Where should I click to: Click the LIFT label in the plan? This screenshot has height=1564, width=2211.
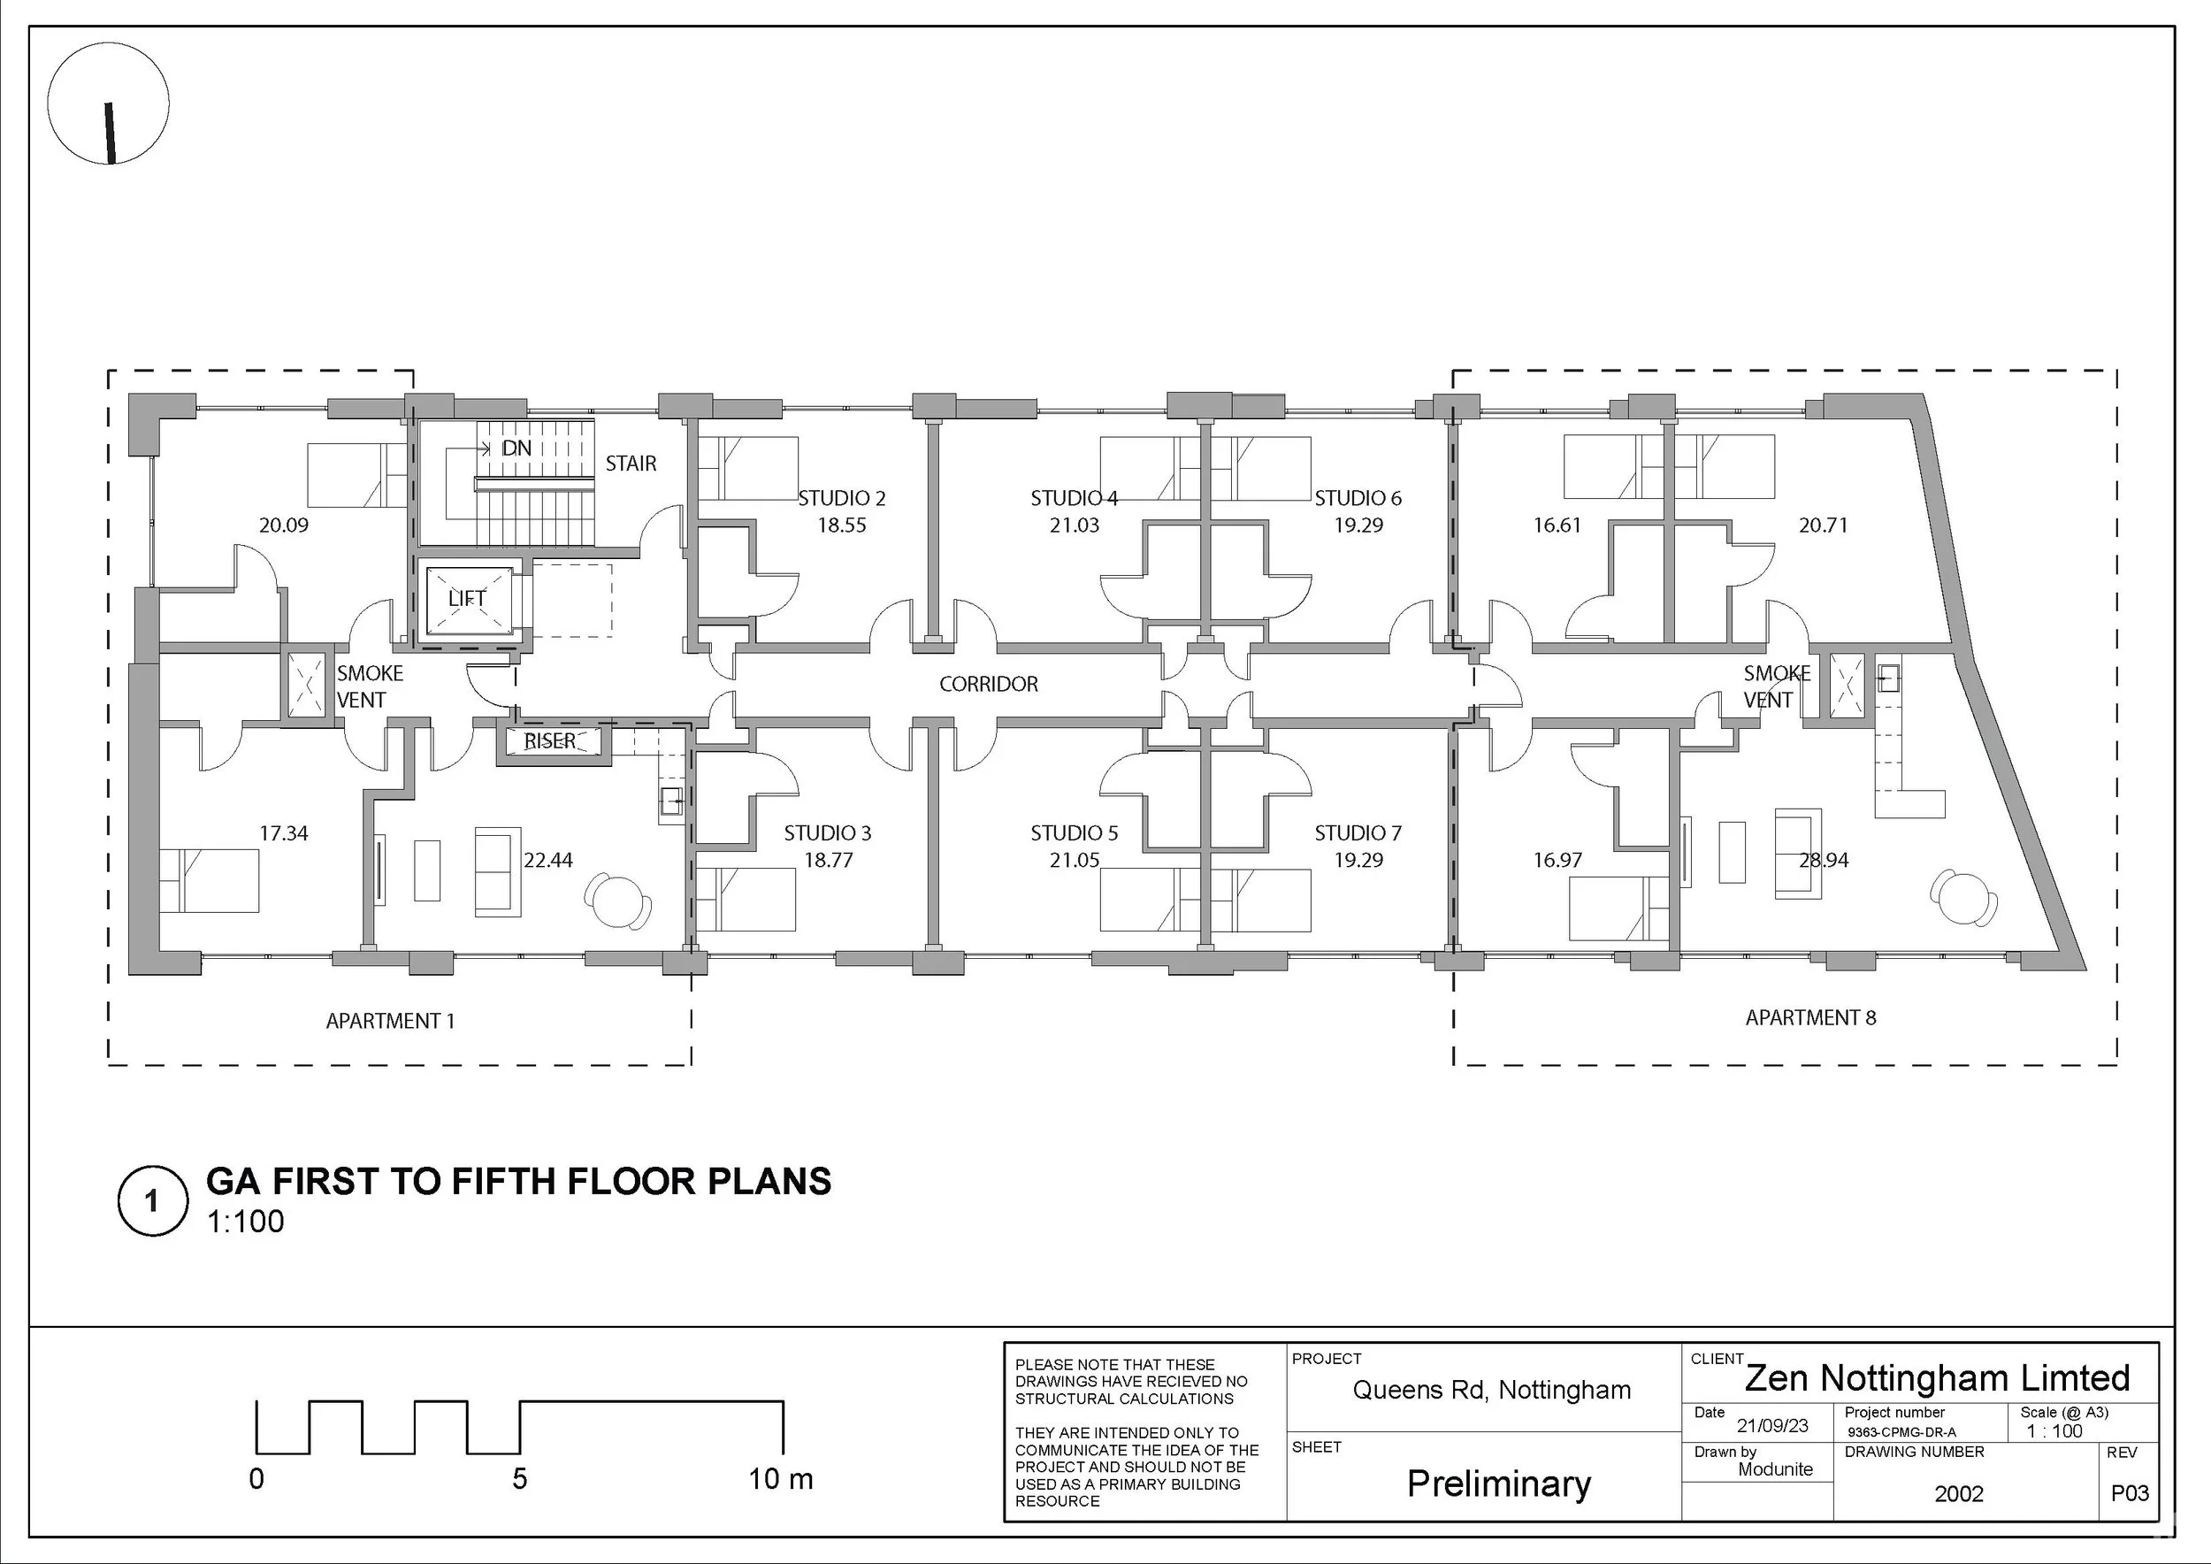tap(467, 598)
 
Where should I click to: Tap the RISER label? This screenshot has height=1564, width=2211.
tap(550, 740)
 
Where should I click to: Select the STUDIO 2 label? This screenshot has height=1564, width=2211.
tap(842, 498)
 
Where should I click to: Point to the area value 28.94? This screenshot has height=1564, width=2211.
tap(1824, 860)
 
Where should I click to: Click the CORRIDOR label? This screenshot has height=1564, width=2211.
tap(989, 684)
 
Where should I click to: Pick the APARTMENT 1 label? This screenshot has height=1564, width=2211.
tap(390, 1021)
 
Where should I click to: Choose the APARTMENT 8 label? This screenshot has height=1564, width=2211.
tap(1810, 1017)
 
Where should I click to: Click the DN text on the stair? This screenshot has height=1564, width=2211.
tap(516, 448)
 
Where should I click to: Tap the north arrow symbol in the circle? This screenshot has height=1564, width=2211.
tap(111, 133)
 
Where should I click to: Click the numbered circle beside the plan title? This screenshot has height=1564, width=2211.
tap(152, 1201)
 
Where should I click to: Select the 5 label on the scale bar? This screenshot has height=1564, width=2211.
tap(520, 1478)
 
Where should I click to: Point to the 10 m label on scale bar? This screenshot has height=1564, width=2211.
tap(781, 1478)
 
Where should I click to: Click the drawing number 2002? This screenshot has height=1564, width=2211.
tap(1959, 1494)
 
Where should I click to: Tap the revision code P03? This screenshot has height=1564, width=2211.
tap(2131, 1492)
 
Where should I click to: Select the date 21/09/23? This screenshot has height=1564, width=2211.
tap(1773, 1425)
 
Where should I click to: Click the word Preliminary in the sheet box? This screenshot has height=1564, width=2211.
tap(1498, 1484)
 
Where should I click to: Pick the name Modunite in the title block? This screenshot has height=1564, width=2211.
tap(1776, 1468)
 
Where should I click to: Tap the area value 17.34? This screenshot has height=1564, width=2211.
tap(284, 833)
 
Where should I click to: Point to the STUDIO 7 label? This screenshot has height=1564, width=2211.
tap(1358, 833)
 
